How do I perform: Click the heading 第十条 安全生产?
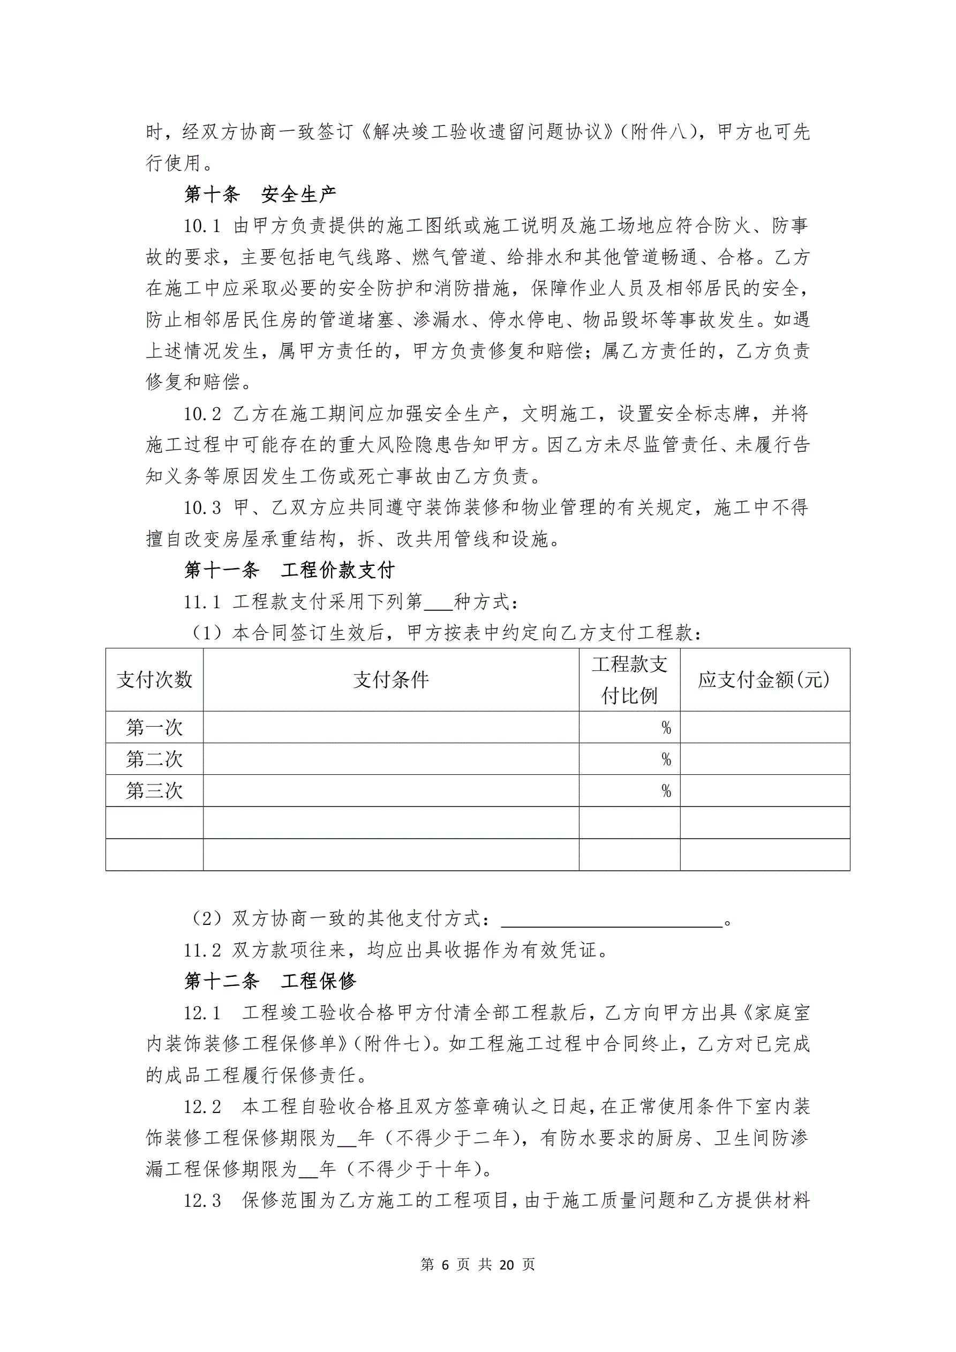[260, 195]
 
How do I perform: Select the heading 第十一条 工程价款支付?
[289, 570]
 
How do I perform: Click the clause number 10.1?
[202, 226]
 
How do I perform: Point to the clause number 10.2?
[202, 414]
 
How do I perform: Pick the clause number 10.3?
[202, 507]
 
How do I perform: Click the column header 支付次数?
[154, 680]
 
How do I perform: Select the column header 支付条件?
[391, 680]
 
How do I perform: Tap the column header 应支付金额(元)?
[764, 680]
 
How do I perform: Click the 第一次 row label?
[154, 728]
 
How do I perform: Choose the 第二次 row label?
[154, 759]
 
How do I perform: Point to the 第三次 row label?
[154, 791]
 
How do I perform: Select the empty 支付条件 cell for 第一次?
[391, 728]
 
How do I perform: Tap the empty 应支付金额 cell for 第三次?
[764, 791]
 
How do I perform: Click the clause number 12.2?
[202, 1107]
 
